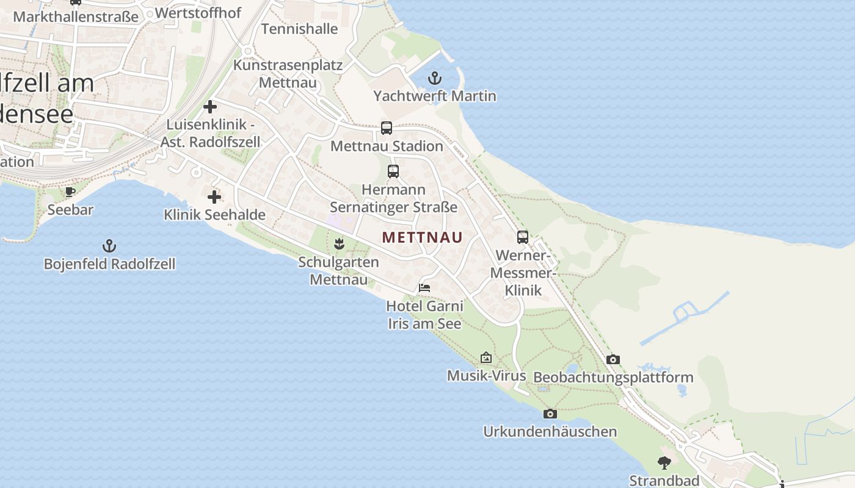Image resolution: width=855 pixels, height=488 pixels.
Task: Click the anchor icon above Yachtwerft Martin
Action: pos(434,78)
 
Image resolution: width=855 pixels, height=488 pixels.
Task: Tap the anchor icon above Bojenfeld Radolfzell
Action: pos(109,246)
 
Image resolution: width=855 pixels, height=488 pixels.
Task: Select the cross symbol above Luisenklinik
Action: pos(210,107)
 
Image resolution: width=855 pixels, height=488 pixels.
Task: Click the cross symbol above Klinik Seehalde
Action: pos(214,197)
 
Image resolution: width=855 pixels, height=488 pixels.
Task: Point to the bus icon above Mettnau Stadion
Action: pos(387,128)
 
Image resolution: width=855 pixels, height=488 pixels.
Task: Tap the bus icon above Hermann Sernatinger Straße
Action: pos(393,171)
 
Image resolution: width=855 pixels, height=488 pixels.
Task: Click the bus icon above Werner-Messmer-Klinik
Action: pos(523,237)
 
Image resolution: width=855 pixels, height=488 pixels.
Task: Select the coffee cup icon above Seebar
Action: pos(70,192)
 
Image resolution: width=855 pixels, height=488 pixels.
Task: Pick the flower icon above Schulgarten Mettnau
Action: pos(339,245)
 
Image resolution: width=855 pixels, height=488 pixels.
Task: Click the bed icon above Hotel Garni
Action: pos(424,287)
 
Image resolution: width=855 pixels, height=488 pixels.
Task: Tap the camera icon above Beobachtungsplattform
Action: pos(613,360)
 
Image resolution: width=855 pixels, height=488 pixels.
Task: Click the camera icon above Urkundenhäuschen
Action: pos(550,414)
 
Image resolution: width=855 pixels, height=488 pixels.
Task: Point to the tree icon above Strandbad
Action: pos(664,463)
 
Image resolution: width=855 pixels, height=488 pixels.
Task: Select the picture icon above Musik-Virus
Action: pos(486,357)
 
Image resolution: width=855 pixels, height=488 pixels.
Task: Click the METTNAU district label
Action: pos(423,237)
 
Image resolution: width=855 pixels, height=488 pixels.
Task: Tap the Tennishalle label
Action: pos(299,29)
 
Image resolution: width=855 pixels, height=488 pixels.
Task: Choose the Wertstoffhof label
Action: pos(198,13)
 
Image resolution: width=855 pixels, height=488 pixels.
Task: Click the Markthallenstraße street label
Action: pos(76,16)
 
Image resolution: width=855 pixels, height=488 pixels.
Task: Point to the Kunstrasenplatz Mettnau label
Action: pos(288,73)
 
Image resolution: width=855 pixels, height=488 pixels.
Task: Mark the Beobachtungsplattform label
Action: pos(613,378)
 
